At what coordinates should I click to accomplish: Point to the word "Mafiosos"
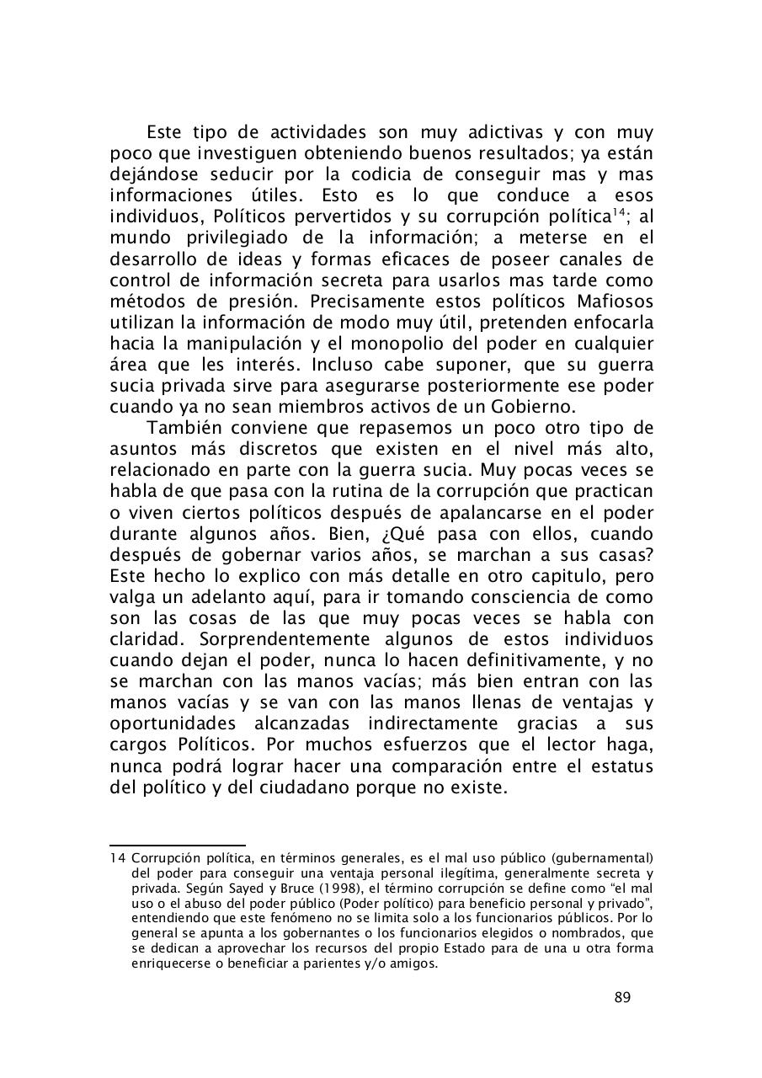click(x=615, y=301)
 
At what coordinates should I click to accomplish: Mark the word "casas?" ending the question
click(x=626, y=555)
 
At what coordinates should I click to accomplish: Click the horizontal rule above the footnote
click(x=178, y=845)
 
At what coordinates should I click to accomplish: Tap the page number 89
click(x=622, y=998)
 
